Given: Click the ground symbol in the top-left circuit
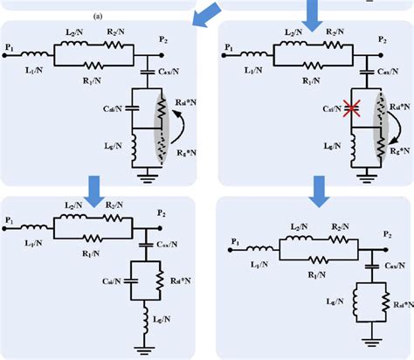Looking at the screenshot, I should (145, 173).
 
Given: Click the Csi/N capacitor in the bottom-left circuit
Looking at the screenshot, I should (128, 281).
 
